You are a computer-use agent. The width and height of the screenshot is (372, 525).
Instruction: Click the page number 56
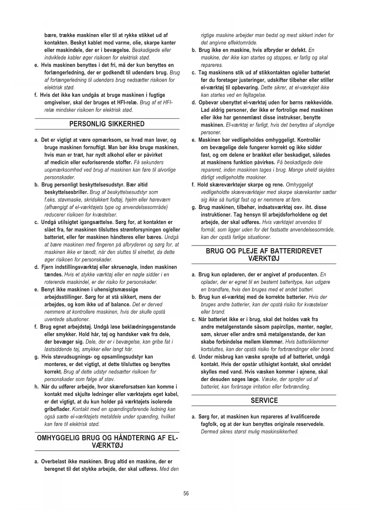click(x=186, y=494)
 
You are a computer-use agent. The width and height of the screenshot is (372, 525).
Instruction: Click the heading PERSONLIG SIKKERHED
click(x=107, y=124)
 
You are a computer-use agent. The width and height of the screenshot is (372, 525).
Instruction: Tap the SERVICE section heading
click(x=264, y=400)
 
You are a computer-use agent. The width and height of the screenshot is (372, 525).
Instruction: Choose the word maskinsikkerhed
click(x=278, y=432)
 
